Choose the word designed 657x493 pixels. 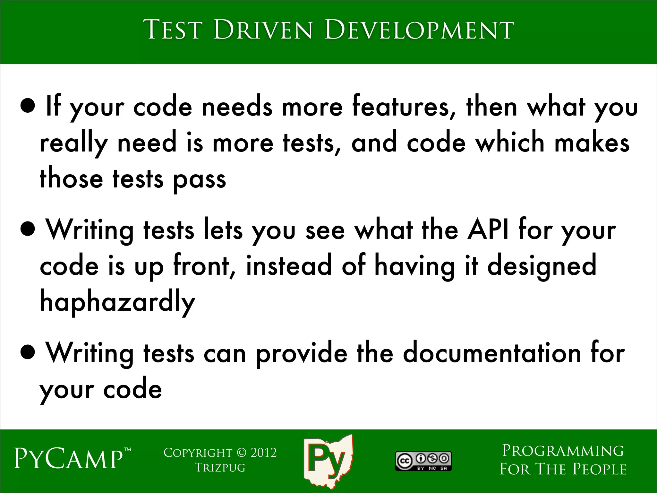tap(542, 266)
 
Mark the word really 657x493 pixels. tap(73, 143)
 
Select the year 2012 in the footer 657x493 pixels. tap(263, 453)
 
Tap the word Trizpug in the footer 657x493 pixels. tap(220, 468)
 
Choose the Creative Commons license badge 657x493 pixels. tap(423, 461)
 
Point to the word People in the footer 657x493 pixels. tap(599, 469)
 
